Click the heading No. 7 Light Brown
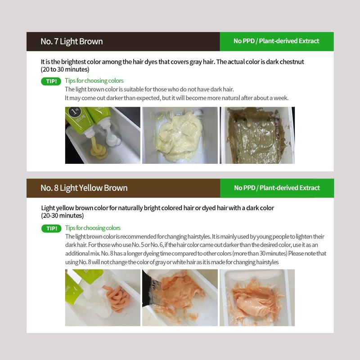click(x=72, y=41)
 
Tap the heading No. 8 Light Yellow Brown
click(x=84, y=188)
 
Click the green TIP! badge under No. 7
click(x=51, y=81)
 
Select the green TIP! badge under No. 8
click(x=51, y=229)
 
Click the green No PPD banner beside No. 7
click(x=277, y=41)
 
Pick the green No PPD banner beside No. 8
click(x=277, y=188)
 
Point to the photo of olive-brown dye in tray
click(x=257, y=135)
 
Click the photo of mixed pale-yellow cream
click(x=180, y=135)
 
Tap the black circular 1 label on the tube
click(x=74, y=112)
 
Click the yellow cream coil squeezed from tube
click(x=98, y=149)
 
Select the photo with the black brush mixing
click(x=180, y=297)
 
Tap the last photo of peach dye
click(x=257, y=297)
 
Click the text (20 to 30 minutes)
click(x=65, y=69)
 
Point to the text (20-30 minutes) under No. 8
click(x=63, y=216)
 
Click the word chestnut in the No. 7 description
click(x=292, y=62)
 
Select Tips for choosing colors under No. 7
click(x=94, y=81)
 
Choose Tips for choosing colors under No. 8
click(x=93, y=228)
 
